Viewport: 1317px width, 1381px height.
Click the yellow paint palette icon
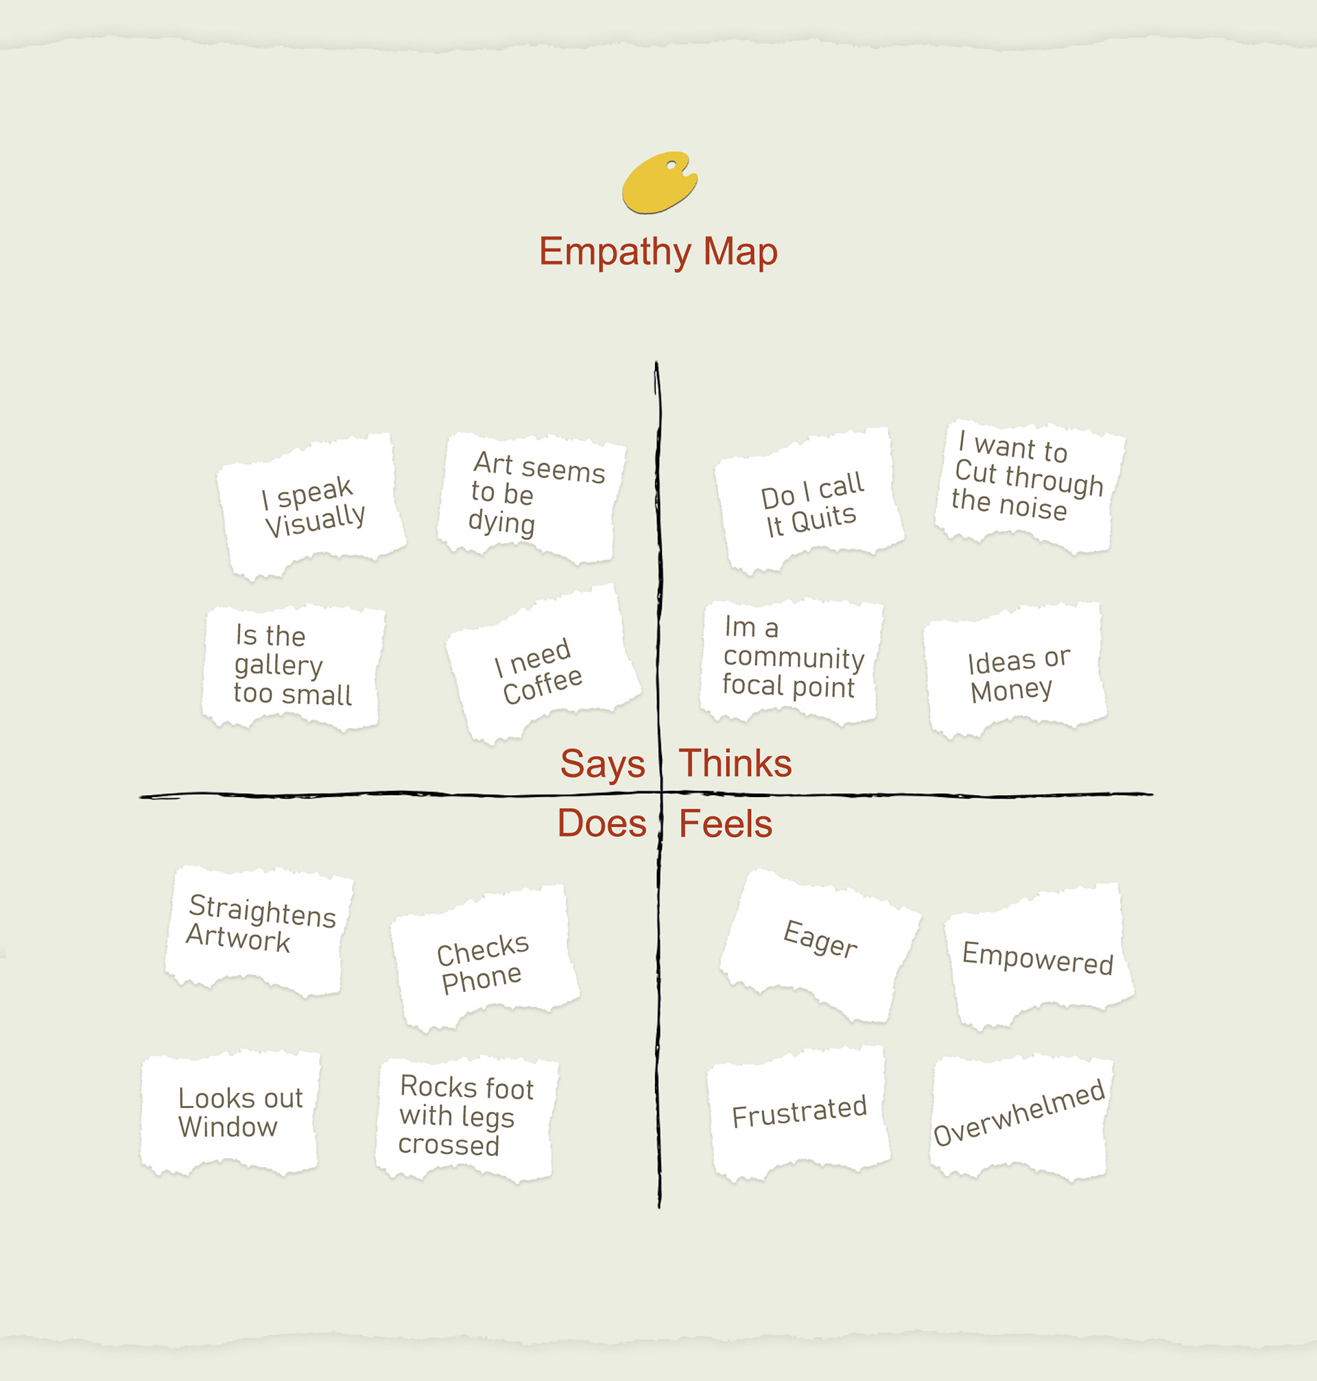(x=658, y=182)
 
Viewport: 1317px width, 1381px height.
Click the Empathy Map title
(x=658, y=251)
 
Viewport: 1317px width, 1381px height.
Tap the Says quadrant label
(x=602, y=763)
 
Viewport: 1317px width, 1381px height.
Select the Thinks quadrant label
(x=735, y=763)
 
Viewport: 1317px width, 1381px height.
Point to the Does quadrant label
(x=602, y=823)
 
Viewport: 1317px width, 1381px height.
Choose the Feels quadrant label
(x=725, y=823)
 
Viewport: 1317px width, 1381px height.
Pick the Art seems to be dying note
(x=531, y=495)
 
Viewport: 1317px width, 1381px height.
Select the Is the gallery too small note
(x=292, y=665)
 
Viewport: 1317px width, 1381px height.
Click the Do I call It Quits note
(x=811, y=503)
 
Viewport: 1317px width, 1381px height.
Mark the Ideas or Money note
(x=1017, y=672)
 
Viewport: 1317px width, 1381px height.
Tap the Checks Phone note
(x=482, y=963)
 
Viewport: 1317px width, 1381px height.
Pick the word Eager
(x=820, y=939)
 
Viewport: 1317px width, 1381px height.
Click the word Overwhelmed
(x=1019, y=1112)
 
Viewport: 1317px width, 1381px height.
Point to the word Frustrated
(x=799, y=1111)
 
